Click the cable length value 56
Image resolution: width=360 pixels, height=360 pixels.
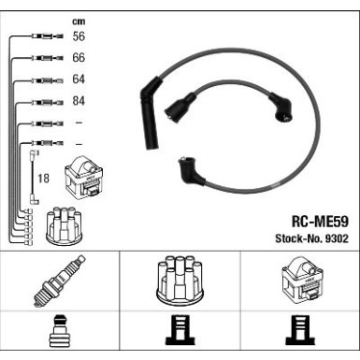pyautogui.click(x=79, y=36)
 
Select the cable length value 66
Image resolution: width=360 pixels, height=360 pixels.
pyautogui.click(x=79, y=58)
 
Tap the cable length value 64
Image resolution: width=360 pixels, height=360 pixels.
pyautogui.click(x=79, y=79)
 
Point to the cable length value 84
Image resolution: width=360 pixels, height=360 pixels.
pyautogui.click(x=79, y=101)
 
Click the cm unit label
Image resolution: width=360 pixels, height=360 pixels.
pyautogui.click(x=79, y=22)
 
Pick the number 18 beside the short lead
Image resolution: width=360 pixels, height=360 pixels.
pyautogui.click(x=44, y=179)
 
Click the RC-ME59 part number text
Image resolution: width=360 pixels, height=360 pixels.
pyautogui.click(x=320, y=222)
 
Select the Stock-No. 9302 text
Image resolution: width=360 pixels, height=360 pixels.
pyautogui.click(x=311, y=238)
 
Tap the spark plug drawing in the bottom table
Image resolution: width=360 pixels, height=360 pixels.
pyautogui.click(x=59, y=281)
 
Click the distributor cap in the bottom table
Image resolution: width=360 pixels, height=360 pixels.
pyautogui.click(x=180, y=281)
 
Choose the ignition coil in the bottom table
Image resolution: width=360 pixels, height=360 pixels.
pyautogui.click(x=302, y=280)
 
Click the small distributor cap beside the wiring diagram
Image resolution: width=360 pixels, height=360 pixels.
pyautogui.click(x=64, y=225)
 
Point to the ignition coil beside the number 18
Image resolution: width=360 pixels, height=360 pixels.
pyautogui.click(x=83, y=177)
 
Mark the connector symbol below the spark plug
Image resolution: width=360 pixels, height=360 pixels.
pyautogui.click(x=58, y=331)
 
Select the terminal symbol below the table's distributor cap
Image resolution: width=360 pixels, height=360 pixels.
pyautogui.click(x=178, y=330)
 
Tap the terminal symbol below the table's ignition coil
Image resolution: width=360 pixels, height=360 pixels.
pyautogui.click(x=297, y=330)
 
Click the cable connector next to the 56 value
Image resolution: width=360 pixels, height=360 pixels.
pyautogui.click(x=48, y=36)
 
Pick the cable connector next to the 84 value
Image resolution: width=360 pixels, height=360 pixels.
pyautogui.click(x=48, y=102)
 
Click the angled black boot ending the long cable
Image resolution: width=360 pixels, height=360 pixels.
pyautogui.click(x=191, y=171)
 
